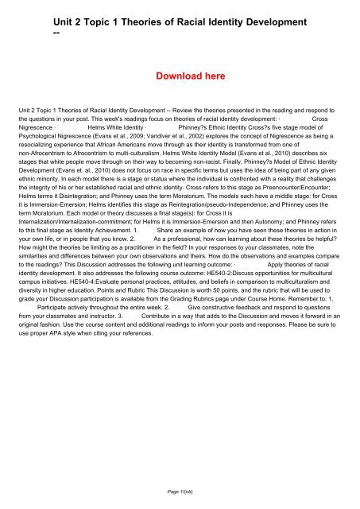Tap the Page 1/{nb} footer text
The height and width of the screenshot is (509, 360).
[180, 493]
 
